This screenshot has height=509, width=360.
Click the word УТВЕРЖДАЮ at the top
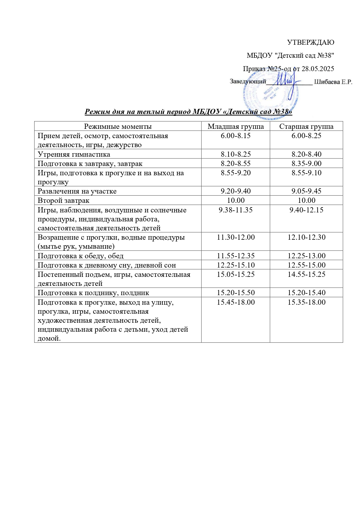310,42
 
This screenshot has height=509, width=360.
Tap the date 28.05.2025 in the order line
318,69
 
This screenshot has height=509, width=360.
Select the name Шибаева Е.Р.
333,82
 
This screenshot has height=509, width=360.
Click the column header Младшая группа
236,127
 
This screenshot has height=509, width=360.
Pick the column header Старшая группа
306,127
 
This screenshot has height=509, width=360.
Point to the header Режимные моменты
118,127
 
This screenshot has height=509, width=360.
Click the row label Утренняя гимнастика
74,154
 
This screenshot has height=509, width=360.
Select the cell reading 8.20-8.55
236,163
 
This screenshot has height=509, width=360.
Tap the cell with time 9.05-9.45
306,191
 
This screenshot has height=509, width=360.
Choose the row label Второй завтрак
64,201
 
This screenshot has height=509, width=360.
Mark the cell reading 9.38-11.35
236,210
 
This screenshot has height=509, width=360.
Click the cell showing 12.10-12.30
306,237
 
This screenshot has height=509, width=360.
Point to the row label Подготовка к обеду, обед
81,256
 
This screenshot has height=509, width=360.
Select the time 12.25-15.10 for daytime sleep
236,265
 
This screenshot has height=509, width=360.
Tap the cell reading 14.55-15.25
306,275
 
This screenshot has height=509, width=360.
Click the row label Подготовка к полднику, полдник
93,293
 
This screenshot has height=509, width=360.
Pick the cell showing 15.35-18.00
306,302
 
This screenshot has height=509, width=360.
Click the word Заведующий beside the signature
248,82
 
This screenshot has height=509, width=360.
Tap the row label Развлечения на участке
77,191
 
